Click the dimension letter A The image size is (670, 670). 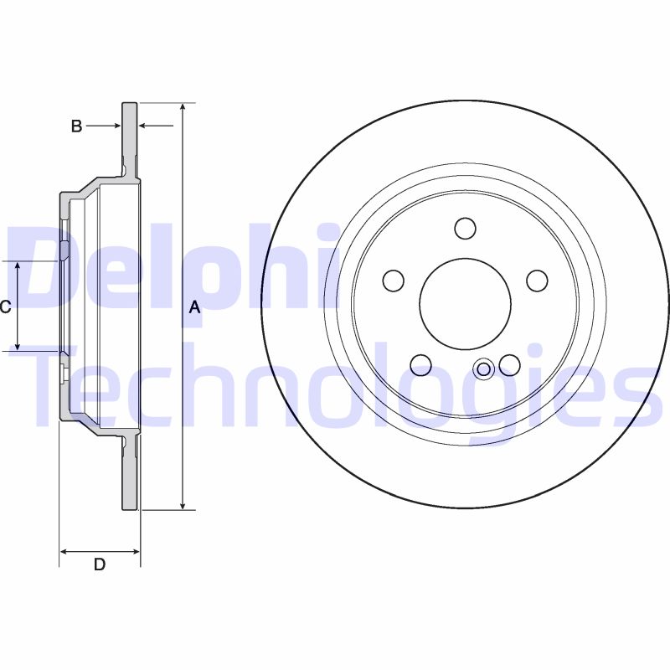(194, 307)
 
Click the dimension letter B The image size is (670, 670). (76, 126)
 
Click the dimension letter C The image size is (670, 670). (6, 307)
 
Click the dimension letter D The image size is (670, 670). (99, 564)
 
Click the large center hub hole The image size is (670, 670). (465, 303)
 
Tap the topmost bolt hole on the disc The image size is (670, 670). (465, 228)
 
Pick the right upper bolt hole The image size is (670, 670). (536, 280)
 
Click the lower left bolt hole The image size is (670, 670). (420, 364)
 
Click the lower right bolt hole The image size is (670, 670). (509, 364)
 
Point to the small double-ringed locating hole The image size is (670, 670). (483, 368)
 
